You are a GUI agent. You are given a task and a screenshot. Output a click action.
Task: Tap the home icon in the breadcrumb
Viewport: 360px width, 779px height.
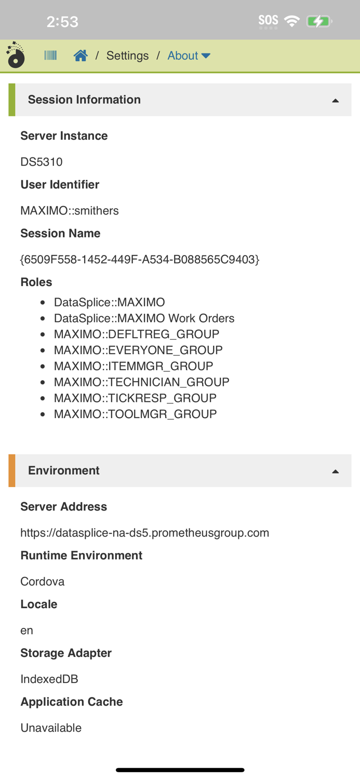pos(81,56)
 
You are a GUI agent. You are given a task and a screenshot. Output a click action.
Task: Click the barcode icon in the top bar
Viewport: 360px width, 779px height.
pos(50,56)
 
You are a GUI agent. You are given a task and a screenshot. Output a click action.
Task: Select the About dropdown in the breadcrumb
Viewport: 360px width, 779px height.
pos(189,56)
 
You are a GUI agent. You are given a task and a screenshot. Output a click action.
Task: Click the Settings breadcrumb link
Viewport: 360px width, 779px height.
pos(127,56)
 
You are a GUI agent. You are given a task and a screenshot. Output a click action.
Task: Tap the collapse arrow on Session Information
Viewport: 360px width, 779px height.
pos(335,100)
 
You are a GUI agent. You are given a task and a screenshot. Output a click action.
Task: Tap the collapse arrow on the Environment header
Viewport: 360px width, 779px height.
pos(335,471)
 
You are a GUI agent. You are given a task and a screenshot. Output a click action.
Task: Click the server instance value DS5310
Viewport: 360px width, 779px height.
pos(42,162)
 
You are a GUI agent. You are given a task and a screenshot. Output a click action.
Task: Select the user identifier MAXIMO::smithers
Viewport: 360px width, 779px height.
pos(70,211)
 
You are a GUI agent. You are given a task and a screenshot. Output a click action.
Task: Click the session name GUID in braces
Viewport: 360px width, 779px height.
pos(140,259)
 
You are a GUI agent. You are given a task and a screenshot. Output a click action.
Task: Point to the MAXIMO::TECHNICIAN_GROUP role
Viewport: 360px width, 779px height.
pos(141,382)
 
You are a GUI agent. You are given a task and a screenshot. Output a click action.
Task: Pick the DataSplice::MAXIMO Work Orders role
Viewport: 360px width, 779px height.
pos(144,318)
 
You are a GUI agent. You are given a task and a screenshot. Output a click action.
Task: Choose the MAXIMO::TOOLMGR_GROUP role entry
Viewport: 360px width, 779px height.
pos(135,414)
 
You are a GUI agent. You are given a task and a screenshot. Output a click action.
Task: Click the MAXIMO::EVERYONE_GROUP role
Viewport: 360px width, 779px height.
pos(138,351)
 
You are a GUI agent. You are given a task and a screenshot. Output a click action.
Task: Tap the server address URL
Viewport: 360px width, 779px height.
pos(144,533)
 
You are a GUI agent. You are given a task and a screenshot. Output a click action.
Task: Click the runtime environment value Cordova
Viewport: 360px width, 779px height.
pos(43,582)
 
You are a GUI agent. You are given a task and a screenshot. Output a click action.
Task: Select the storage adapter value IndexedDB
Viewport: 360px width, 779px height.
pos(49,679)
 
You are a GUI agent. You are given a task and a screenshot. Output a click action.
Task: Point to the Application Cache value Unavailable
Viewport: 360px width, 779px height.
pos(51,728)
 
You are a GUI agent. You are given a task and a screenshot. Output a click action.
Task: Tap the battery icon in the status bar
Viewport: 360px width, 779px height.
pos(319,21)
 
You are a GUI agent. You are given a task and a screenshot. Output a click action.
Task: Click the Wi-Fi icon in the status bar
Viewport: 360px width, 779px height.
pos(292,21)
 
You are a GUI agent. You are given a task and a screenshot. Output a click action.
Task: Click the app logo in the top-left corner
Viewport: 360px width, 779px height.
pos(16,56)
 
